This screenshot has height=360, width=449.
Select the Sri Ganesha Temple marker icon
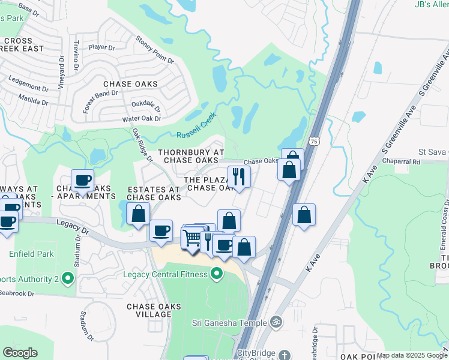coord(276,322)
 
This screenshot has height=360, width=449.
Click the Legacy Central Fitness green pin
coord(216,275)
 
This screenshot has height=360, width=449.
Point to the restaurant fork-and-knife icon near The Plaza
coord(239,176)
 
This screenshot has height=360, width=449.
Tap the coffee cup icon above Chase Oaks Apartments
coord(82,179)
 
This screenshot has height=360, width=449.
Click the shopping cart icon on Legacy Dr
coord(192,238)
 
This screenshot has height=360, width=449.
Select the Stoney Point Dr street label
coord(154,50)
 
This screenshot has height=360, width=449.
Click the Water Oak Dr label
coord(142,119)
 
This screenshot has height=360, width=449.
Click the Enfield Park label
coord(31,254)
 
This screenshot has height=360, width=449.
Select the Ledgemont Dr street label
coord(29,88)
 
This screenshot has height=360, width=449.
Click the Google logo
coord(20,353)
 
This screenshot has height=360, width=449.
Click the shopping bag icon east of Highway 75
coord(304,214)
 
